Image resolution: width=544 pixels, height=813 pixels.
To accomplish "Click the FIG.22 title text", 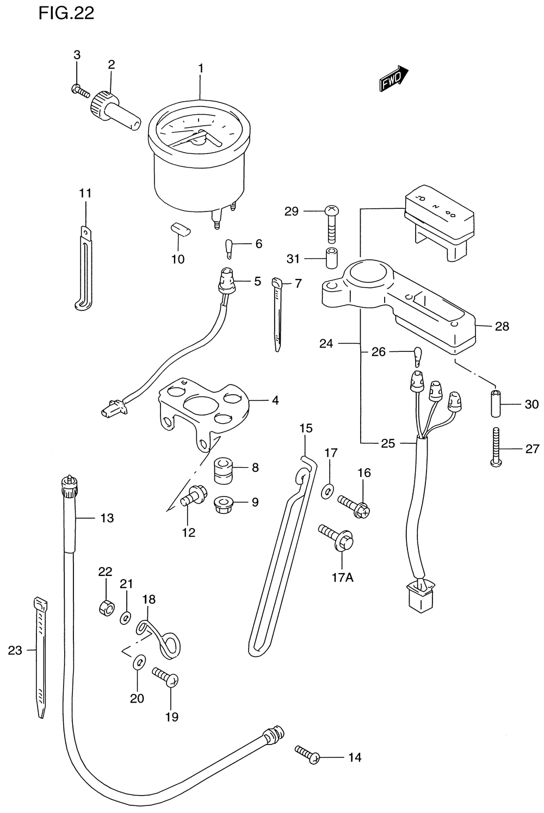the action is [x=66, y=14].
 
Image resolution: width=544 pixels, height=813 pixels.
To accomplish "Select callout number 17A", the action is [x=343, y=577].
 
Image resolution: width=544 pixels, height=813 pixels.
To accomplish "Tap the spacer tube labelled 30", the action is [x=496, y=403].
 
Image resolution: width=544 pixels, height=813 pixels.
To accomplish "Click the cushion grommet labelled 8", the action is [x=223, y=471].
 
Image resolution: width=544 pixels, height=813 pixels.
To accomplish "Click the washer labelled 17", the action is [x=327, y=492].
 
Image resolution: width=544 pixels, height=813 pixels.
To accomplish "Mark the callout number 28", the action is [x=502, y=326].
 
